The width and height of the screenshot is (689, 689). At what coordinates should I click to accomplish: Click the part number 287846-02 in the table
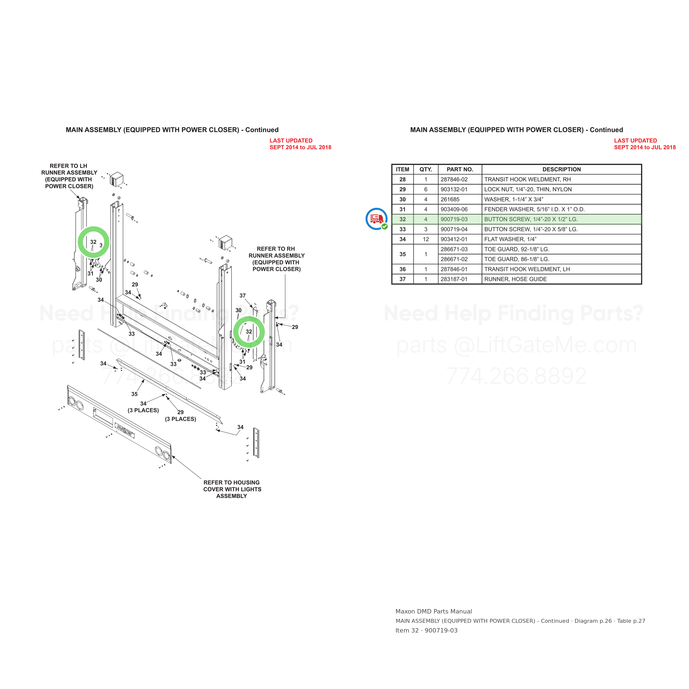click(x=454, y=179)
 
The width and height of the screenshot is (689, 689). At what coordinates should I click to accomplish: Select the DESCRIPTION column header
click(x=561, y=169)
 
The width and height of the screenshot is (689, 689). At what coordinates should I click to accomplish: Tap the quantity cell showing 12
click(x=426, y=239)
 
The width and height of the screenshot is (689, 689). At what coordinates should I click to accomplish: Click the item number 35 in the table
click(x=403, y=254)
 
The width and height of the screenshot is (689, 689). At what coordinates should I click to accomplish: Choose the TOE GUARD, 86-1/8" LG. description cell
click(x=517, y=259)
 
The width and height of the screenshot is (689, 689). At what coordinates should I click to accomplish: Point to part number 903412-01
click(x=454, y=239)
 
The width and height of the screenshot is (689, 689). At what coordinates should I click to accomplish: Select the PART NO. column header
click(x=460, y=169)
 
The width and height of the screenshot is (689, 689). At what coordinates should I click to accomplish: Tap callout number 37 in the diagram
click(x=243, y=296)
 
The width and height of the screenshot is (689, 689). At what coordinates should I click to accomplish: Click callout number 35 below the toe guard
click(x=134, y=394)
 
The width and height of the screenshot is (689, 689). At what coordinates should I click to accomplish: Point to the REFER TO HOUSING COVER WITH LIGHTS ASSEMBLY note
click(x=232, y=489)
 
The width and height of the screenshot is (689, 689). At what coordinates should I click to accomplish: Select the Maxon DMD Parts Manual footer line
click(x=434, y=611)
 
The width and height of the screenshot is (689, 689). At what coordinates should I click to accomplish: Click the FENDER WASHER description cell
click(x=534, y=209)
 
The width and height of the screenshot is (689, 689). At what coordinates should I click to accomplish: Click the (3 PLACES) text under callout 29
click(x=181, y=419)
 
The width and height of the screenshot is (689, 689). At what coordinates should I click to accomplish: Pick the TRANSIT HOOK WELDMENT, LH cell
click(x=527, y=269)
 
